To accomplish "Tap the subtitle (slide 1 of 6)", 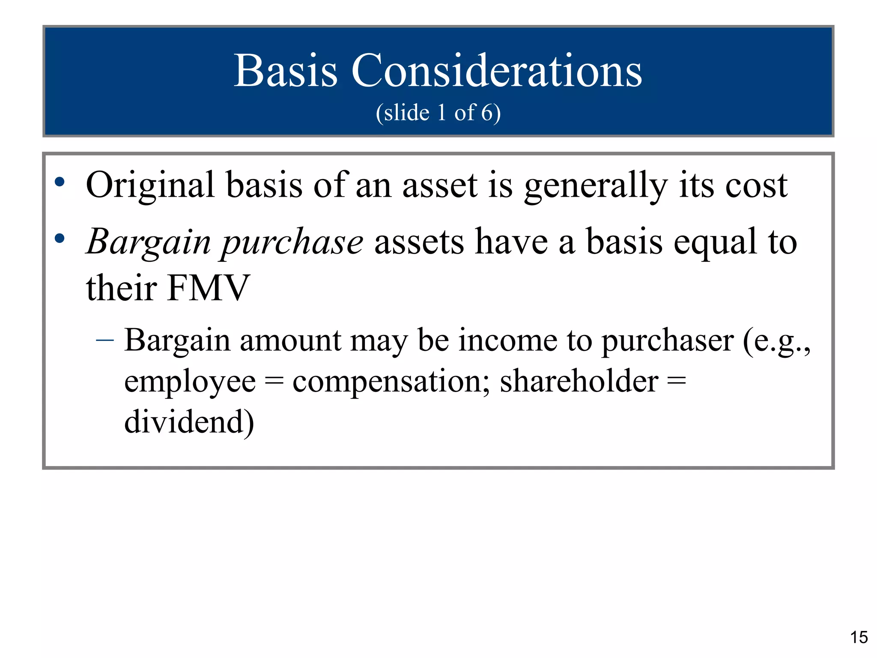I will pos(438,113).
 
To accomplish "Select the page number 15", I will pos(859,637).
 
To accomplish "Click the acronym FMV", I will pos(209,288).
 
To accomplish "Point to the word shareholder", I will pos(579,381).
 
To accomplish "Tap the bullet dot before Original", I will pos(60,182).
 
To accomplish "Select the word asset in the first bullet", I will pos(440,186).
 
